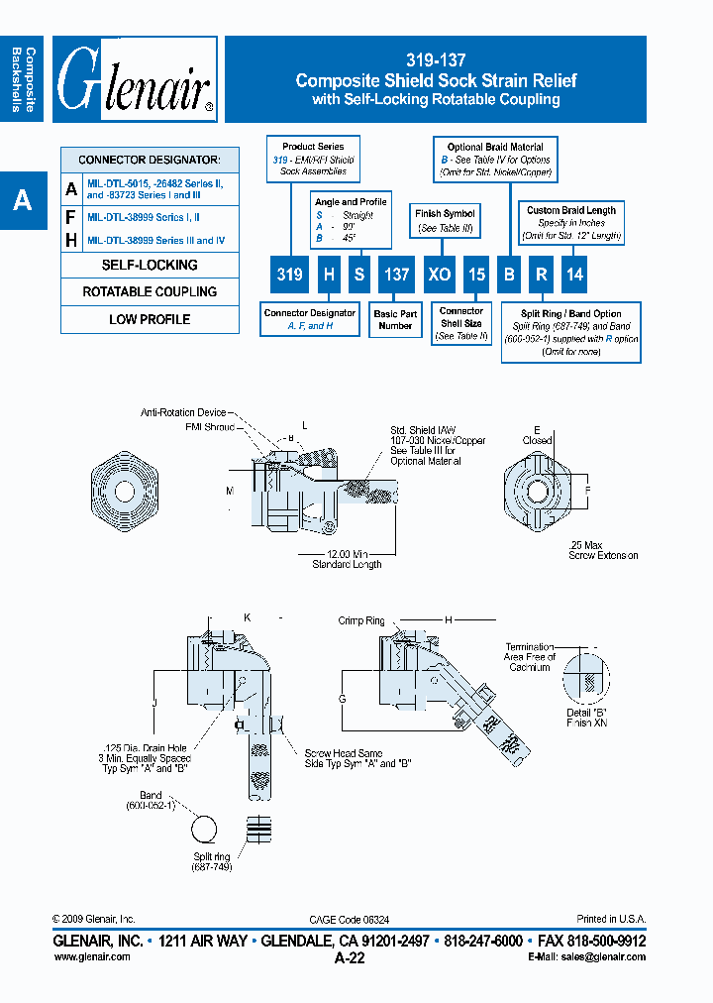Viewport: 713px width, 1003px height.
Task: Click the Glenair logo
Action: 135,80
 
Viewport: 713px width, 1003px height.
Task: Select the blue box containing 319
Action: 290,275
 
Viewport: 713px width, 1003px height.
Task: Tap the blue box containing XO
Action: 440,275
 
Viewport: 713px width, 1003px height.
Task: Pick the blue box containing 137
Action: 396,275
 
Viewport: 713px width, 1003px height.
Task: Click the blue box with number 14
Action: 574,275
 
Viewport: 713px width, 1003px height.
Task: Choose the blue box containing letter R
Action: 542,275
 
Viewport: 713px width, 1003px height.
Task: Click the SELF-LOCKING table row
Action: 150,266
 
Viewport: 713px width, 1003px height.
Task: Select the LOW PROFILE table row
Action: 150,320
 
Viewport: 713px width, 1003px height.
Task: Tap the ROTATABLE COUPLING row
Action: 150,292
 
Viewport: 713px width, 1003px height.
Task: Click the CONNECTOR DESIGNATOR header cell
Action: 150,160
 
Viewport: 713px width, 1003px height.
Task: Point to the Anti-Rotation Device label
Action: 183,412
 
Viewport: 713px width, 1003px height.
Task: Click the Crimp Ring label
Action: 361,620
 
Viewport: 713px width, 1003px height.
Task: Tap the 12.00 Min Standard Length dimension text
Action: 347,559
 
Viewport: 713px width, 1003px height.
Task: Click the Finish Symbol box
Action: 445,220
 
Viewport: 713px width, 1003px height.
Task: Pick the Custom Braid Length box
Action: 571,223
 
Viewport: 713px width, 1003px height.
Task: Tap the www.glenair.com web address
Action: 91,957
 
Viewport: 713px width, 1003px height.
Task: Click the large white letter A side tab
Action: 22,201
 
